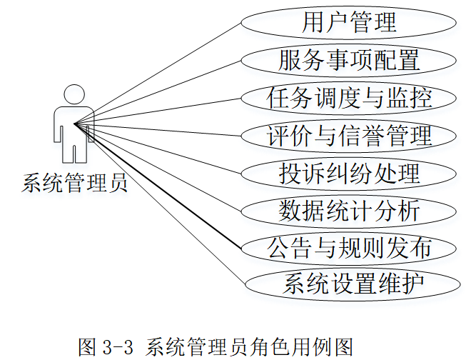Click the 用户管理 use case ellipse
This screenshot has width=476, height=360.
[x=348, y=22]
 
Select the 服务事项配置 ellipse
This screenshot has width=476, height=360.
[x=348, y=60]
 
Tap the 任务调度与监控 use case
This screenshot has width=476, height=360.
[x=348, y=98]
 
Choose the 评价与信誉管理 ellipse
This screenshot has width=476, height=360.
[x=348, y=136]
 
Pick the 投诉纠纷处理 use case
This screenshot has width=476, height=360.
[x=348, y=174]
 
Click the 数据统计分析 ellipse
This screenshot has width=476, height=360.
[x=348, y=211]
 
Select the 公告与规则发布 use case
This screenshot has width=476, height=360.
[x=348, y=249]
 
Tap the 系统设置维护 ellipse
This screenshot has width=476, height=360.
[x=352, y=284]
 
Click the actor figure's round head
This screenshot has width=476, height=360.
[x=74, y=94]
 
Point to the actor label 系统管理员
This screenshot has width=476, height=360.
[x=74, y=183]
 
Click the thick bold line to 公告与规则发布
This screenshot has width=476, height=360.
[x=158, y=186]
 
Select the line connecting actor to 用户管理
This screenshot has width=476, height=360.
[x=158, y=74]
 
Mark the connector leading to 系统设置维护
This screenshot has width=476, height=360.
[x=160, y=204]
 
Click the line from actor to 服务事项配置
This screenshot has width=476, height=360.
[x=158, y=92]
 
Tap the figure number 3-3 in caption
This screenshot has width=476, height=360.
[x=118, y=347]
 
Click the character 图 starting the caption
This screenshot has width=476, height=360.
[x=88, y=346]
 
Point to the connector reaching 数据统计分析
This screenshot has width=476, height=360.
[x=158, y=167]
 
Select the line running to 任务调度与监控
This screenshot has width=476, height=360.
[x=158, y=111]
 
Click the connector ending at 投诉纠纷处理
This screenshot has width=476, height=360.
[x=158, y=149]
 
